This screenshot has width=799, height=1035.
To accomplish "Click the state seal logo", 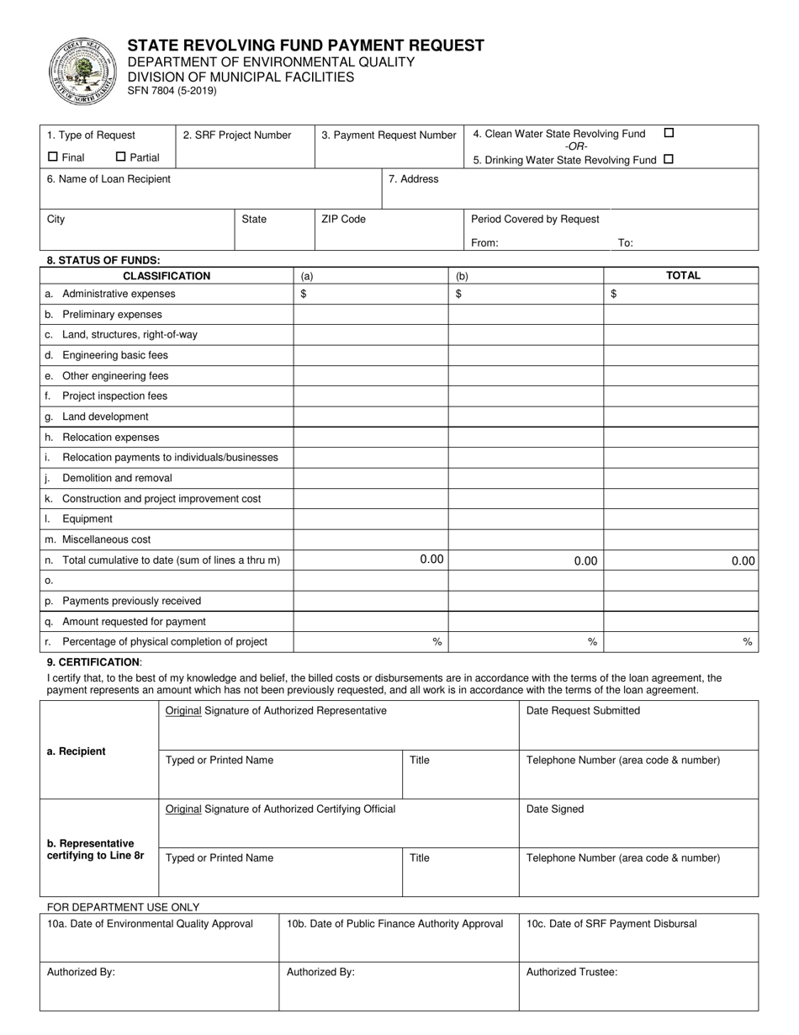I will [82, 71].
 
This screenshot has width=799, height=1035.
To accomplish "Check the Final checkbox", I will [53, 157].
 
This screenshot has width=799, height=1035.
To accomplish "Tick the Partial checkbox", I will [120, 157].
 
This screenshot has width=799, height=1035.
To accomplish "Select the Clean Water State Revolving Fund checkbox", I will [669, 133].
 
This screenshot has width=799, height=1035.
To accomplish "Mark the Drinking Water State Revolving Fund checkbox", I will [669, 159].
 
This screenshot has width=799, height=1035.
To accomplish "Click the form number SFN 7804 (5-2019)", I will [172, 91].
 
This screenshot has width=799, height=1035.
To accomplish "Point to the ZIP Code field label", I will [343, 220].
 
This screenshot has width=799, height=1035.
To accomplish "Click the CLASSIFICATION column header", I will [167, 276].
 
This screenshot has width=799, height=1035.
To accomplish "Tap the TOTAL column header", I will [683, 275].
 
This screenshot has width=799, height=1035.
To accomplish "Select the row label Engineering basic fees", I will [114, 355].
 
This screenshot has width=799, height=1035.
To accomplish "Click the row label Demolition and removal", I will [117, 478].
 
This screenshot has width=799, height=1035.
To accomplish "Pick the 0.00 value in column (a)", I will [431, 560].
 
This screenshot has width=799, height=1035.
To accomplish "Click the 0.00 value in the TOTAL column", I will [743, 561].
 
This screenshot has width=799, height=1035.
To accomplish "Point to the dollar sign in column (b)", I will [458, 294].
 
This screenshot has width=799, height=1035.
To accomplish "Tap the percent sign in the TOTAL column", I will [747, 642].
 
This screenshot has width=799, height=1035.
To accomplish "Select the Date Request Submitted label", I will [583, 711].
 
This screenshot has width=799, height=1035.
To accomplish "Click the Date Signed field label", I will [555, 809].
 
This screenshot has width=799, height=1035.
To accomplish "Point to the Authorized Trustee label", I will [572, 972].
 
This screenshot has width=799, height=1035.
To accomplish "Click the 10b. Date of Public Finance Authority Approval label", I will [394, 924].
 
